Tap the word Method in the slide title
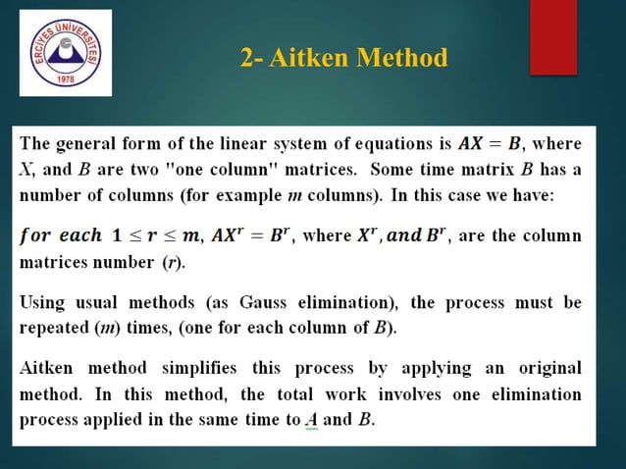click(x=402, y=59)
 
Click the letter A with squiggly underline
click(x=312, y=420)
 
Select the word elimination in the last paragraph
click(x=538, y=395)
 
